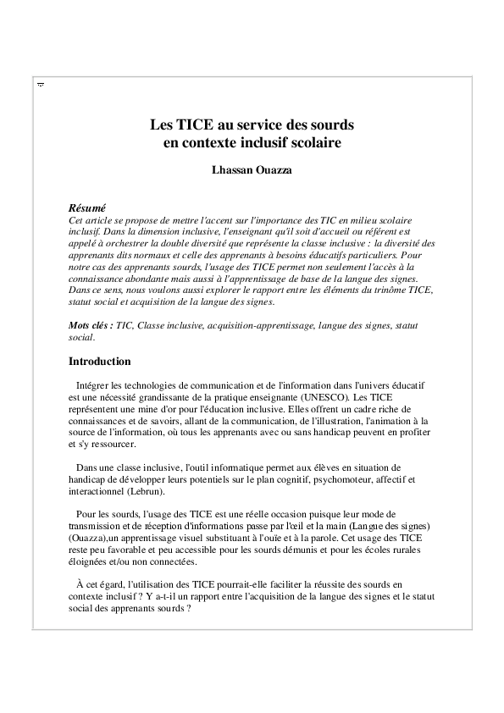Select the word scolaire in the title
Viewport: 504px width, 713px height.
pos(317,143)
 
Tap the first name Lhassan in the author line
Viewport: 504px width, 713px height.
pos(231,170)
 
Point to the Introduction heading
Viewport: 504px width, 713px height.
pos(99,362)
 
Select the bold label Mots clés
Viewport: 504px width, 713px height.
pos(90,325)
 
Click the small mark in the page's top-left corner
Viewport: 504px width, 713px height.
pos(41,86)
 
